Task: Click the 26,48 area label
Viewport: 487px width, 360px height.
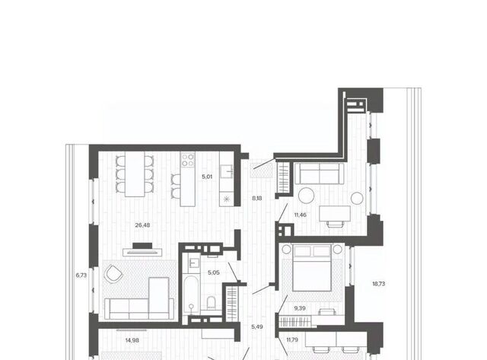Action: coord(142,225)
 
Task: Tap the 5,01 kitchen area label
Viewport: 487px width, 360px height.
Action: coord(207,177)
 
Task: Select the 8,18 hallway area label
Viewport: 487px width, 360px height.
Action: coord(257,198)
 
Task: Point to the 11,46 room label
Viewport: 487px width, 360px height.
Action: coord(301,215)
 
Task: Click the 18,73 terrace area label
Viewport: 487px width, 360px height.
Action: coord(379,284)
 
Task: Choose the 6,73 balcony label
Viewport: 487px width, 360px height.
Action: coord(81,276)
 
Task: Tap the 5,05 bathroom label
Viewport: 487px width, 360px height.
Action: coord(214,272)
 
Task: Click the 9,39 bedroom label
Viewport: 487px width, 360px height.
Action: coord(300,308)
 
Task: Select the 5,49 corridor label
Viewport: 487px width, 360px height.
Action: coord(257,327)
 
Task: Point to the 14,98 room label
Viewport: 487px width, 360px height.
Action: coord(132,340)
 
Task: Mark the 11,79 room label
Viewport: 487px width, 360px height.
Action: coord(292,339)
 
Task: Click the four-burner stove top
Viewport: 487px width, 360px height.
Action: coord(188,160)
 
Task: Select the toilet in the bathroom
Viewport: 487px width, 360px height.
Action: coord(212,303)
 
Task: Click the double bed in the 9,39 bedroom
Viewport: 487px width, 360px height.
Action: coord(312,268)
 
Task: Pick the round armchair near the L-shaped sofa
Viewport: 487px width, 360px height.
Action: coord(113,274)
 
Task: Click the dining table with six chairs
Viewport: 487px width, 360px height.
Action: coord(135,174)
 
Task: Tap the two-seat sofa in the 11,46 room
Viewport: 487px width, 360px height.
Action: coord(320,174)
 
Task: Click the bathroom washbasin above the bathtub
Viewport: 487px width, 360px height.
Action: coord(191,263)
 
